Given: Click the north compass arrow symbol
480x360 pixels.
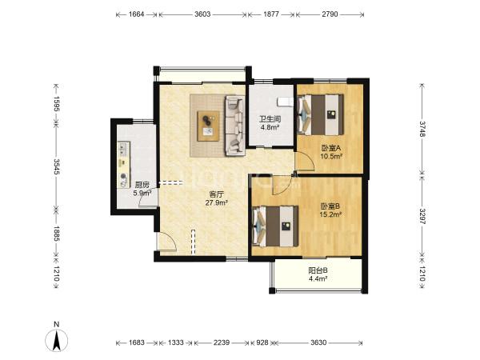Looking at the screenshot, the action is point(56,340).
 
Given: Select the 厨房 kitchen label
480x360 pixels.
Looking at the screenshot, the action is point(142,185).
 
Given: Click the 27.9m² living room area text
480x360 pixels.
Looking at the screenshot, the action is point(217,202).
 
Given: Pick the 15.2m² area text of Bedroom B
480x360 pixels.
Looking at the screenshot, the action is point(330,214).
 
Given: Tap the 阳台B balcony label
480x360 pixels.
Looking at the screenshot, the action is point(318,270).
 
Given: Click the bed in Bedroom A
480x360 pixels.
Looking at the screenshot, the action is point(321,114).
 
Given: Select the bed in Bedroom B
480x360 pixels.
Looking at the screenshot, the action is point(275,226).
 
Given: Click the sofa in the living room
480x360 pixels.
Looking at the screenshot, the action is point(235,126).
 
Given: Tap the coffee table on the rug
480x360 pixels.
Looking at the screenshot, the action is point(209,126).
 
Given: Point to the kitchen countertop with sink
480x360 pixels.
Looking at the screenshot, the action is point(124,164).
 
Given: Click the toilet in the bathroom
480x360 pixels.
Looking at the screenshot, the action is point(286,102).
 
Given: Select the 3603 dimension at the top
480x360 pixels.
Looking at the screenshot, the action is point(202,14).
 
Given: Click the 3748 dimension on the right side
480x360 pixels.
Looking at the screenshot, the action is point(422,129).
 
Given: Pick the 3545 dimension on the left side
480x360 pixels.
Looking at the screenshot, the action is point(57,166).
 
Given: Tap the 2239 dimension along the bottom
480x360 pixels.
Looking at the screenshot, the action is point(222,342).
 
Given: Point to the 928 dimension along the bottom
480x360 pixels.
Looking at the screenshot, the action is point(262,342).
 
